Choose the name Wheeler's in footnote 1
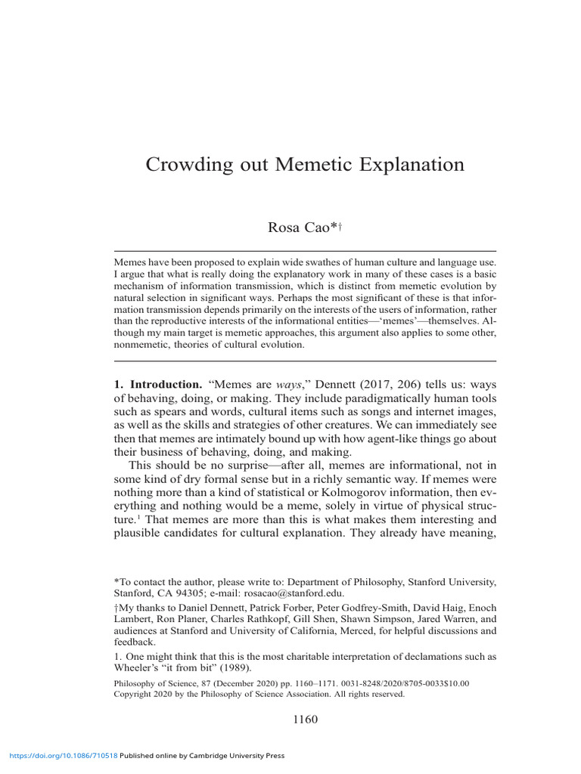point(139,668)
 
